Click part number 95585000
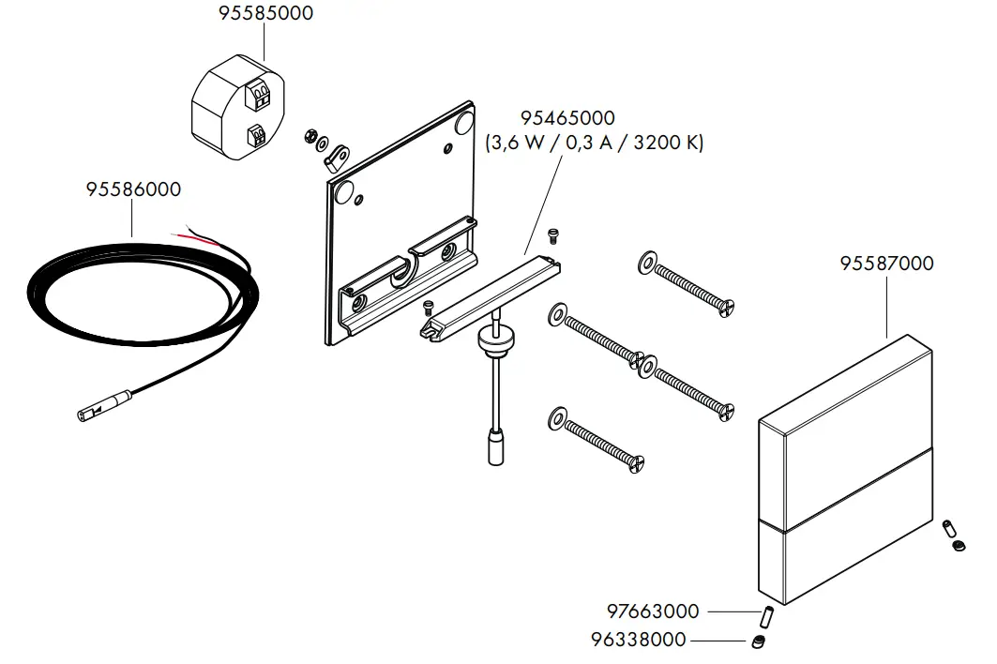pos(265,14)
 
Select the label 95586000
pos(133,189)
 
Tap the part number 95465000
pos(567,118)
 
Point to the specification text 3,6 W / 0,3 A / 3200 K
pos(594,143)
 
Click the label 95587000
pos(886,264)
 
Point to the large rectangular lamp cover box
pos(844,469)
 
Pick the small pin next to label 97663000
pos(766,617)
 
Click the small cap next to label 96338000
pos(757,641)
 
